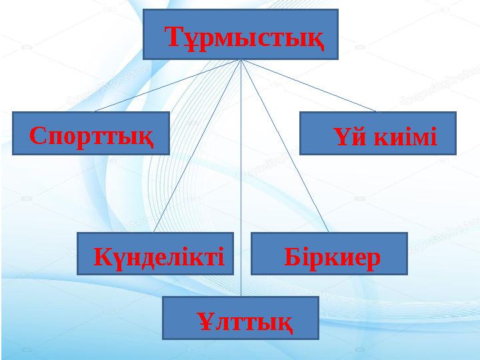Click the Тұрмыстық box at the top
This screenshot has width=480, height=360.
(241, 34)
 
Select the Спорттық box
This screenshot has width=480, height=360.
(91, 133)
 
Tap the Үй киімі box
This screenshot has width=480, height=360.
(377, 133)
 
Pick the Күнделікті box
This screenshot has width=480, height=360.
(155, 254)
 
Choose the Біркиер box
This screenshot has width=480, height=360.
(329, 254)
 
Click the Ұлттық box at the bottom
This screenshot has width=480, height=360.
(241, 318)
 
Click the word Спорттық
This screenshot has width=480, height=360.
(91, 137)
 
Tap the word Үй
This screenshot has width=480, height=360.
(343, 138)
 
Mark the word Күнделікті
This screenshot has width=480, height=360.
(159, 256)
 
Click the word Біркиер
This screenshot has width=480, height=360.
(332, 256)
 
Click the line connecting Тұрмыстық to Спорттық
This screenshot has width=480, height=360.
(167, 85)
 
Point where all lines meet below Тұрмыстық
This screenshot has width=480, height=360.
(241, 60)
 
